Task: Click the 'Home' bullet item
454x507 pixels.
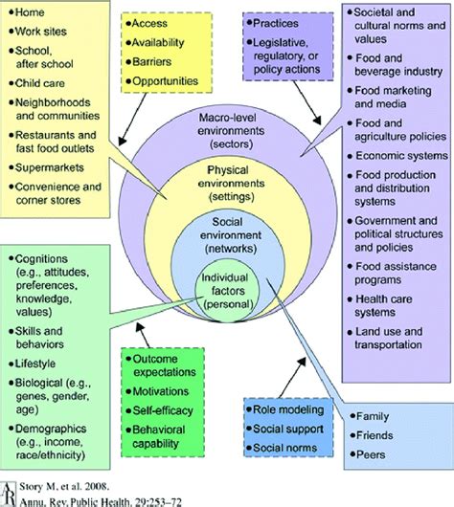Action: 29,12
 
